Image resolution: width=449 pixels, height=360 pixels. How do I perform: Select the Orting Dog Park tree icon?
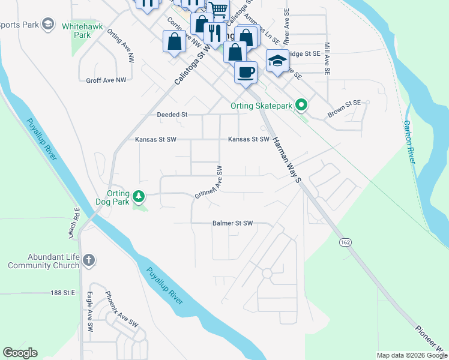click(139, 197)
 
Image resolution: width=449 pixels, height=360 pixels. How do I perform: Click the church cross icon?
click(88, 260)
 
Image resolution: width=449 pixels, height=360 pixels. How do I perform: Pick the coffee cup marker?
click(246, 73)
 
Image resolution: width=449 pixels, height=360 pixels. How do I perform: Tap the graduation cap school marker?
click(277, 61)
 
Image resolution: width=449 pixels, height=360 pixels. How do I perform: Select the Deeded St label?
click(172, 114)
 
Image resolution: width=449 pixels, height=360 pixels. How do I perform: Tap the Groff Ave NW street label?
click(106, 80)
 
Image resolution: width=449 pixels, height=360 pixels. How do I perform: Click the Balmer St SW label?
click(233, 223)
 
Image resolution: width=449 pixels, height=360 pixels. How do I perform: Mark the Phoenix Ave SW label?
click(121, 310)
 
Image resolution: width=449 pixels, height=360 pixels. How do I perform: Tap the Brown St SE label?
click(344, 109)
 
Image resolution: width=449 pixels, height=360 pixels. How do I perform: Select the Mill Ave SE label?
click(327, 58)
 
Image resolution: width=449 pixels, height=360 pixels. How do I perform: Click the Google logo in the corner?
click(20, 353)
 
